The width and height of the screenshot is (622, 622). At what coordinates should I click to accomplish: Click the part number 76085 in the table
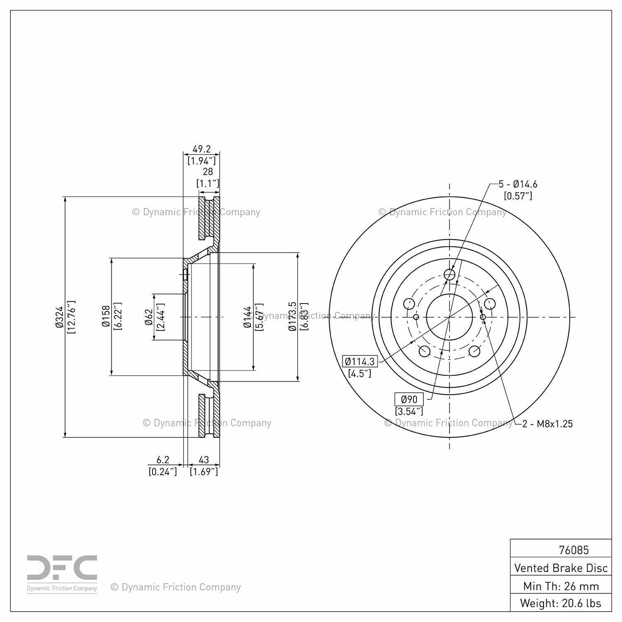pos(573,550)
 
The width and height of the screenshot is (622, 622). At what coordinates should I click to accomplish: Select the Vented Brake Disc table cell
pos(561,568)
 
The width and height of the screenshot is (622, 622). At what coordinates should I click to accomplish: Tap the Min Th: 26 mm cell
pos(561,586)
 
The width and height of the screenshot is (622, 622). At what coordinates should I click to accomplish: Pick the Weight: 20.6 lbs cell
pos(561,603)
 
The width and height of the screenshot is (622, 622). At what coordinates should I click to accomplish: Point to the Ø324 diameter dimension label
pos(59,317)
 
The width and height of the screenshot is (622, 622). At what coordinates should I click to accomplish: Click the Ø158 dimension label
pos(106,316)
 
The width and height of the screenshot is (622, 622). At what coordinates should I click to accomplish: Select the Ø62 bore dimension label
pos(149,317)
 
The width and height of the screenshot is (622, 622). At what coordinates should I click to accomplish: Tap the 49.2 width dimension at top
pos(202,149)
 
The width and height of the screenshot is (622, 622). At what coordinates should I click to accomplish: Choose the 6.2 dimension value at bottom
pos(163,459)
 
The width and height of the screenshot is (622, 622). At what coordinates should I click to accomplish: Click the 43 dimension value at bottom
pos(204,459)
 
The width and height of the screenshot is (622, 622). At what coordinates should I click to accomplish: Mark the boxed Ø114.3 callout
pos(360,361)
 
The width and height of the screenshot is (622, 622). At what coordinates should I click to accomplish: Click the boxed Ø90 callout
pos(409,399)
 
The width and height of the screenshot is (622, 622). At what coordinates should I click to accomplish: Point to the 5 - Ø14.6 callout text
pos(518,184)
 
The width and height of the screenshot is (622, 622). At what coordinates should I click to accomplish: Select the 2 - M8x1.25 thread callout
pos(547,423)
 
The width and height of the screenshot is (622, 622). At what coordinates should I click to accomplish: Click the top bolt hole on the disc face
pos(449,274)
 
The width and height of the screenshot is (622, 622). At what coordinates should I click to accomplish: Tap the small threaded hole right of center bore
pos(483,317)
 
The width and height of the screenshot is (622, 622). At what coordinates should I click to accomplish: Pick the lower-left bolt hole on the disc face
pos(424,351)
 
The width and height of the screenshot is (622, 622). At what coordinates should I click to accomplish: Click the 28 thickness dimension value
pos(208,171)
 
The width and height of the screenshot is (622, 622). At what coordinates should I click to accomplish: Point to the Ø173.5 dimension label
pos(292,316)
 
